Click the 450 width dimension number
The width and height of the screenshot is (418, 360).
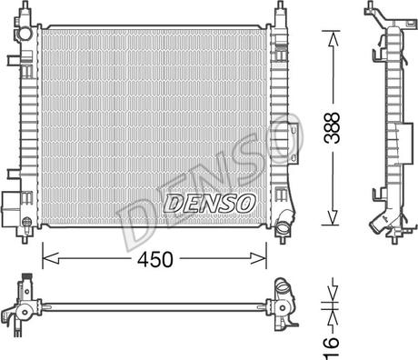click(155, 259)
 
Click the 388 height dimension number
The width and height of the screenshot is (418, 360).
click(332, 127)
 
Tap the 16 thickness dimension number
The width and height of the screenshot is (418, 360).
click(331, 348)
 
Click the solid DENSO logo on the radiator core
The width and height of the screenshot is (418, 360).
click(209, 203)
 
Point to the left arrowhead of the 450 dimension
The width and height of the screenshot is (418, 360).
click(50, 258)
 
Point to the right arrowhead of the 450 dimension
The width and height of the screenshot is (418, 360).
click(259, 258)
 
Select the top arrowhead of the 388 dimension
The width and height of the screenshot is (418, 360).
click(333, 38)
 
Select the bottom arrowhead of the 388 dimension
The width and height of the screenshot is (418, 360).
click(333, 217)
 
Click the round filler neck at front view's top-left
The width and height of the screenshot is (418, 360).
click(25, 33)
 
